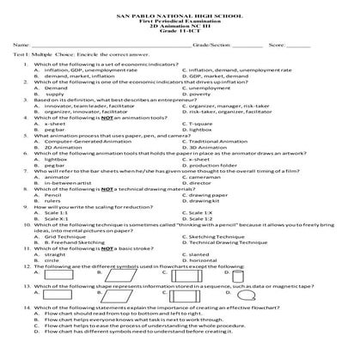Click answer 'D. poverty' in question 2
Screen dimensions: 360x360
coord(204,93)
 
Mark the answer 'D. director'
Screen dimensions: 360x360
coord(206,183)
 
